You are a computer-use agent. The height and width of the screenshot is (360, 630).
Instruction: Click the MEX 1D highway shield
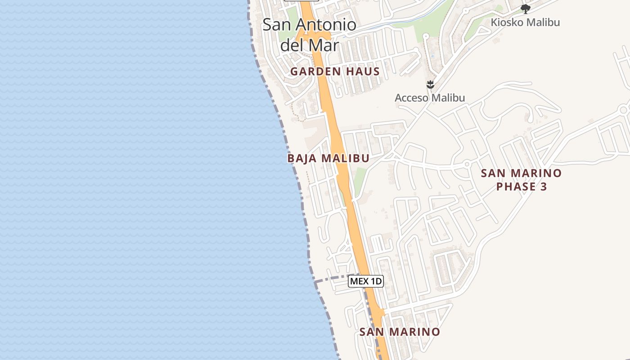(365, 282)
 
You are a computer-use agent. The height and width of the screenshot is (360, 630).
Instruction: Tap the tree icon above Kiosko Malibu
(525, 9)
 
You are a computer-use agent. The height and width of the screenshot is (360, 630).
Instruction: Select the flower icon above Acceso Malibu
(430, 84)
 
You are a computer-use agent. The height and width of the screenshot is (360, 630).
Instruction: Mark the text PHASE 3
(522, 186)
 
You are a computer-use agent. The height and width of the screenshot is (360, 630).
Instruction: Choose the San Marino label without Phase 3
(400, 332)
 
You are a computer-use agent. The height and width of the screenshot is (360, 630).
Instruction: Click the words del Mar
(309, 45)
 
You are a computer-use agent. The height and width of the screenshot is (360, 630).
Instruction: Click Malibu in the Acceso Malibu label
(448, 98)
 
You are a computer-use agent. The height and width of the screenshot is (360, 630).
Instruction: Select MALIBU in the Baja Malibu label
(346, 158)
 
